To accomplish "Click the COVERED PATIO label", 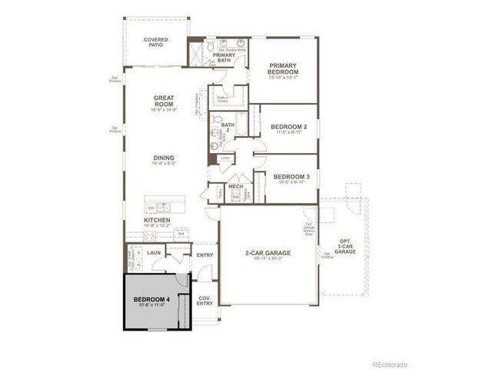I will tap(155, 43).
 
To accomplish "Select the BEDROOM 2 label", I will tap(289, 126).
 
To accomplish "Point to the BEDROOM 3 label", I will tap(291, 176).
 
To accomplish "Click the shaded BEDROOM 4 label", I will tap(151, 299).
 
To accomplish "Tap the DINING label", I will tap(164, 158).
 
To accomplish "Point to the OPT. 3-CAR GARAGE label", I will tap(344, 248).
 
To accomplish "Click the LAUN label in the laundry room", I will tap(154, 251).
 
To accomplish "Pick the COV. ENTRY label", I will tap(204, 301).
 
